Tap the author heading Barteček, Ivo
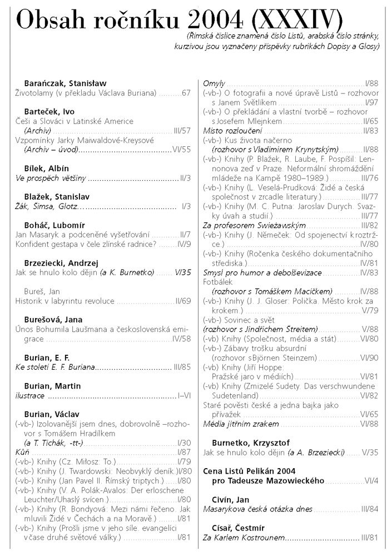(49, 112)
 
